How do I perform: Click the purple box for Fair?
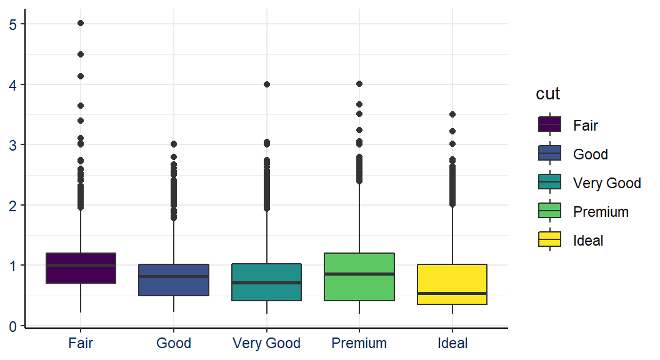tap(81, 268)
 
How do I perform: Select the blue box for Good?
tap(174, 280)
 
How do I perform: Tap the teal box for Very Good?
tap(267, 282)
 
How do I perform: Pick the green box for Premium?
tap(359, 277)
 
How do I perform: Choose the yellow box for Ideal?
tap(452, 284)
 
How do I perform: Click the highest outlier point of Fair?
tap(81, 23)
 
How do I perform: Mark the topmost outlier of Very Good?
tap(267, 84)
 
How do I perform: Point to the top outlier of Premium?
tap(359, 84)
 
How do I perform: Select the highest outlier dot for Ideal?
tap(452, 114)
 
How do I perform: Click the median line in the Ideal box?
tap(452, 293)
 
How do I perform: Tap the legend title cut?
tap(548, 94)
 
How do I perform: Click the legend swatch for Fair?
tap(550, 125)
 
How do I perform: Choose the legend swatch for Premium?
tap(550, 211)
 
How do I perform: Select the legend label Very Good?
tap(607, 183)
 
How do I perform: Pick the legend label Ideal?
tap(588, 241)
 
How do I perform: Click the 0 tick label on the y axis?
tap(13, 326)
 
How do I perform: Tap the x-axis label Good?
tap(174, 343)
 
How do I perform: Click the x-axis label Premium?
tap(359, 343)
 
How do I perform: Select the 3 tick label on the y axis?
tap(13, 145)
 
